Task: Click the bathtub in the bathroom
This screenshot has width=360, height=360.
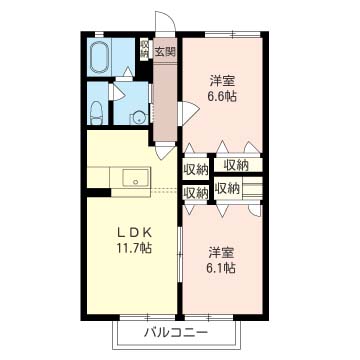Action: pyautogui.click(x=103, y=58)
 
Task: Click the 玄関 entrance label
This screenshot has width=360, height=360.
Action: pyautogui.click(x=165, y=51)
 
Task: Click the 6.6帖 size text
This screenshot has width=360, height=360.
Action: pyautogui.click(x=222, y=97)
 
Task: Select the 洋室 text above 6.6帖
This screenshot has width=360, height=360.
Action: pyautogui.click(x=222, y=80)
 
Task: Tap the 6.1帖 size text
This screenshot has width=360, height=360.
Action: pyautogui.click(x=222, y=268)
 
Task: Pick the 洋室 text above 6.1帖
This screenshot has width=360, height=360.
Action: pyautogui.click(x=222, y=251)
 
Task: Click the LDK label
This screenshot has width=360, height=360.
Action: pyautogui.click(x=132, y=229)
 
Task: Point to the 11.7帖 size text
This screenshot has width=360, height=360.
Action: pyautogui.click(x=132, y=247)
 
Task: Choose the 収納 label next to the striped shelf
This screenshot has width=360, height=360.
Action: pyautogui.click(x=228, y=188)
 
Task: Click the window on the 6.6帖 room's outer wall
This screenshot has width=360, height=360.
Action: pyautogui.click(x=231, y=31)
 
